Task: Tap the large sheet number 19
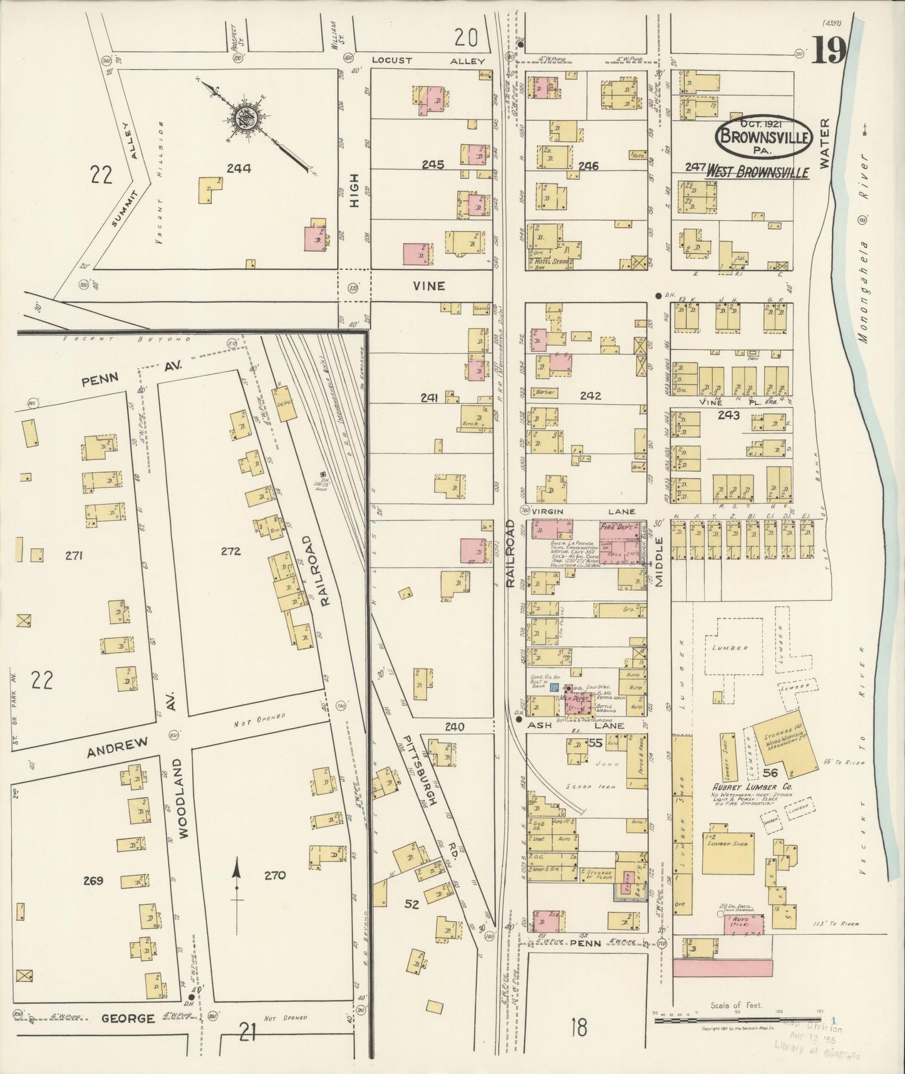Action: tap(829, 51)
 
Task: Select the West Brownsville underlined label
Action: tap(757, 172)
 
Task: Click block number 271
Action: tap(73, 555)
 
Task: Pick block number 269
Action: tap(93, 880)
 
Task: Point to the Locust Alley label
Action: tap(428, 61)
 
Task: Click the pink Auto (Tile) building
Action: tap(745, 925)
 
